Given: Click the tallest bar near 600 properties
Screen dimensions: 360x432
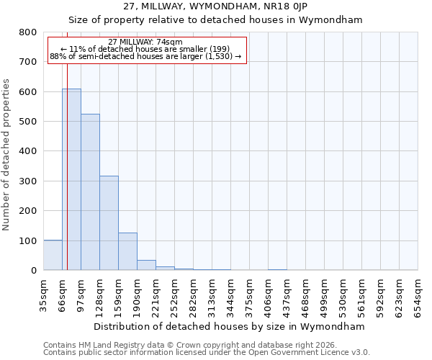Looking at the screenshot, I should click(x=71, y=180).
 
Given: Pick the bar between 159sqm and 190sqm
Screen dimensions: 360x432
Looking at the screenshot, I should click(x=127, y=252).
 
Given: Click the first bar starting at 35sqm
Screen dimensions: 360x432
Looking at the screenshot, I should click(x=53, y=256).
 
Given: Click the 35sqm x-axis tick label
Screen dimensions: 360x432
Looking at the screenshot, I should click(x=43, y=292).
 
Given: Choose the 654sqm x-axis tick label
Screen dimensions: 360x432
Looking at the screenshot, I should click(x=418, y=292).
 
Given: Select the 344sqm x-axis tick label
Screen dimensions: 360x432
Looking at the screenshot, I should click(x=230, y=292).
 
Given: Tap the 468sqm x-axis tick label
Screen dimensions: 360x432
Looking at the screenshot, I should click(x=305, y=292).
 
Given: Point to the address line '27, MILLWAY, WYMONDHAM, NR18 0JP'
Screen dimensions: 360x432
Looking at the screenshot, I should click(x=215, y=6).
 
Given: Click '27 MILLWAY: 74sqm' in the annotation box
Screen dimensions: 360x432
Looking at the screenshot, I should click(x=145, y=42).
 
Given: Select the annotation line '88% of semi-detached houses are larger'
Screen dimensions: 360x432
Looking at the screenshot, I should click(x=145, y=56).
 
